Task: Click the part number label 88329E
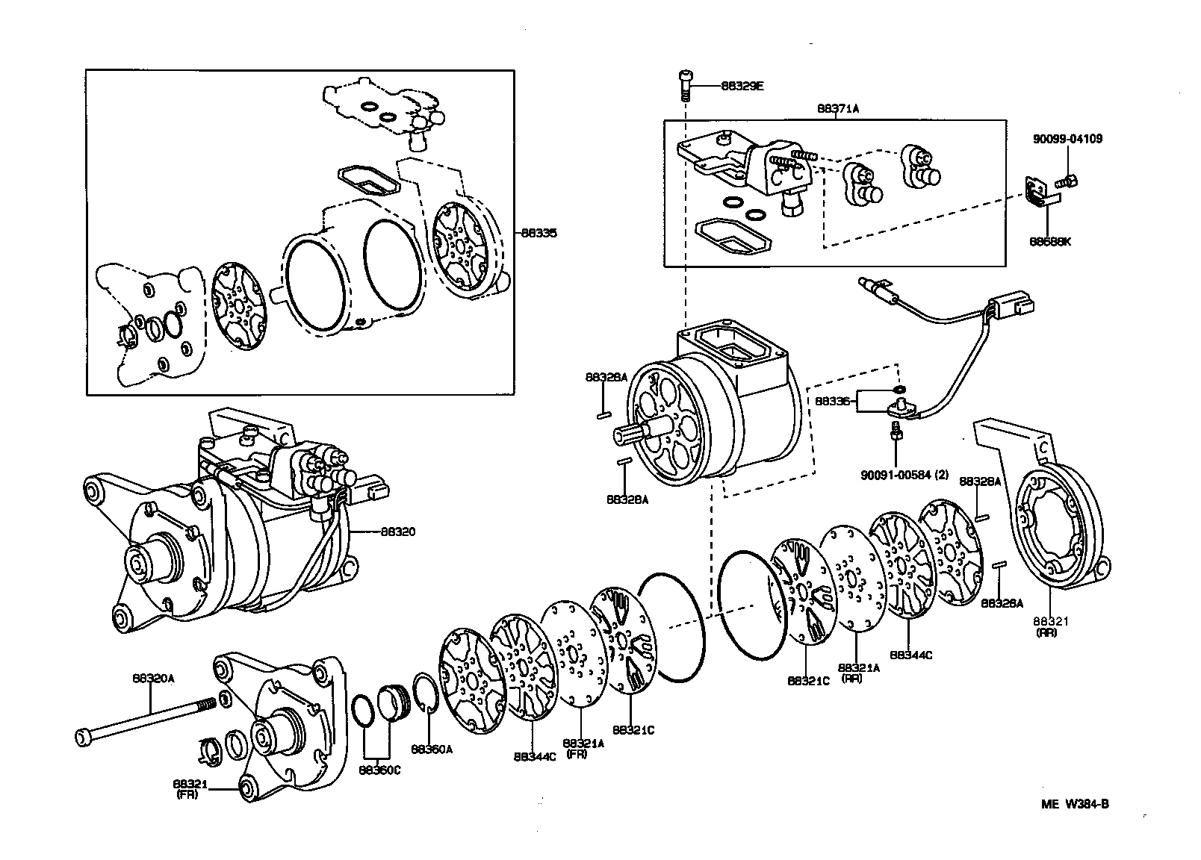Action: [742, 86]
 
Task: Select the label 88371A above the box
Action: [837, 109]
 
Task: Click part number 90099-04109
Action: [1068, 139]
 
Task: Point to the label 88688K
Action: [1049, 242]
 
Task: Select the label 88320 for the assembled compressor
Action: [397, 532]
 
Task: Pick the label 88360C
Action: [379, 770]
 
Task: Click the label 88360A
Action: [431, 749]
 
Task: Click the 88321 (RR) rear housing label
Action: [1051, 626]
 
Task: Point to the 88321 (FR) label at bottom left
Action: [190, 788]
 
